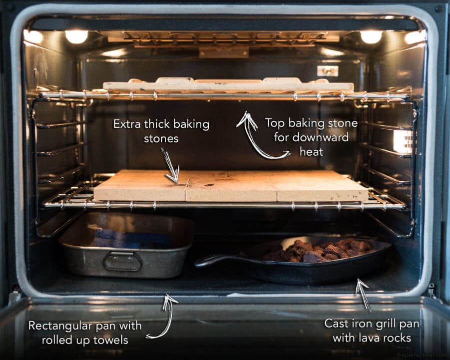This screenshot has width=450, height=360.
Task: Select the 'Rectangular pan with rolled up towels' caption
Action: coord(85,332)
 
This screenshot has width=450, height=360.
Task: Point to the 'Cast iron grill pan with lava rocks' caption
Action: coord(372,330)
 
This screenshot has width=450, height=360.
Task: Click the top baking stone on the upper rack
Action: coord(227,85)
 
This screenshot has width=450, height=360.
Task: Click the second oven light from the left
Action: coord(76,36)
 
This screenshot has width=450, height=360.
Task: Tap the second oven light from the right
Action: coord(371,36)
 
